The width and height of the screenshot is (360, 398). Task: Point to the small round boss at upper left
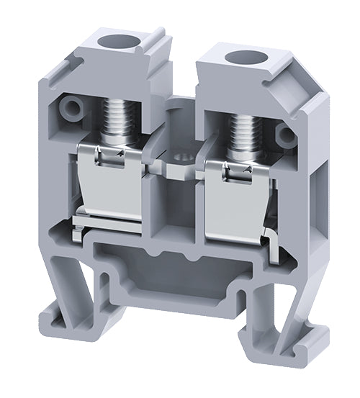71,109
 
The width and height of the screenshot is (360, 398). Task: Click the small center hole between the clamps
176,153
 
